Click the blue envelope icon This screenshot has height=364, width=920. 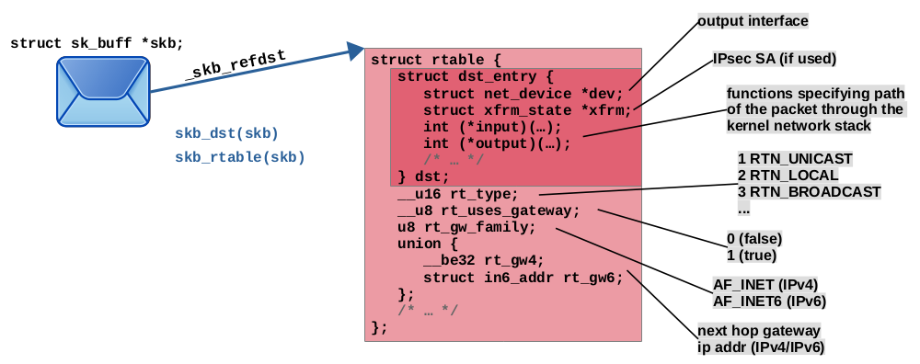tap(103, 91)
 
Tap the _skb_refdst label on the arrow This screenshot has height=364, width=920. tap(236, 64)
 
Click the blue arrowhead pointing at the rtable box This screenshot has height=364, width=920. tap(355, 51)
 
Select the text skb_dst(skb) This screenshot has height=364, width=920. tap(226, 133)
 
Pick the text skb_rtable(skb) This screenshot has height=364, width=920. tap(240, 157)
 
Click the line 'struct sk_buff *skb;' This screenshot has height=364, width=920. tap(97, 43)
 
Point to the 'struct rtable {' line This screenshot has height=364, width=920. tap(436, 60)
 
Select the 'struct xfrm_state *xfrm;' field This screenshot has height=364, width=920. tap(527, 110)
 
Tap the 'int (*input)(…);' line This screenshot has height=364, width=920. tap(493, 127)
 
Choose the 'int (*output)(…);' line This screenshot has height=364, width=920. tap(497, 143)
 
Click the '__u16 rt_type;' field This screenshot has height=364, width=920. tap(458, 194)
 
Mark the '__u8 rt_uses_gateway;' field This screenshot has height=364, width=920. tap(489, 210)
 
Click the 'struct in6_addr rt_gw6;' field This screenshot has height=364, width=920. tap(523, 278)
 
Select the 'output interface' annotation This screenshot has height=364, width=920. tap(753, 22)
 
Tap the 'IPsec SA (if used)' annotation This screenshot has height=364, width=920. tap(775, 59)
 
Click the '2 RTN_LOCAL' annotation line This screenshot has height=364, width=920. tap(788, 176)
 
